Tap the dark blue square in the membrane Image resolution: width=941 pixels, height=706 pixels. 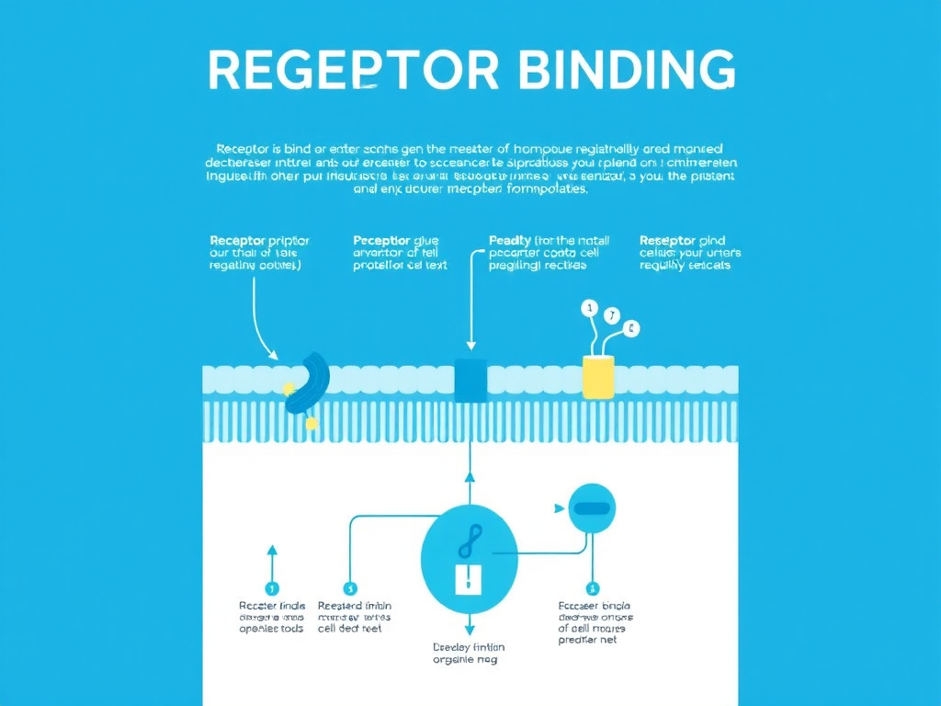point(470,381)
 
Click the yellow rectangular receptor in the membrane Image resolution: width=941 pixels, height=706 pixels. point(597,378)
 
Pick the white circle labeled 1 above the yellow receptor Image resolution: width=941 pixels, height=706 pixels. point(589,307)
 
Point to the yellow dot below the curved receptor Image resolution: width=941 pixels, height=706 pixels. point(312,424)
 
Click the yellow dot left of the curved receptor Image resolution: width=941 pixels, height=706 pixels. point(289,389)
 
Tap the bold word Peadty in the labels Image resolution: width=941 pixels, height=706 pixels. point(510,241)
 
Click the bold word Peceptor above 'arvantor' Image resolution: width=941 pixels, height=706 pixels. point(380,241)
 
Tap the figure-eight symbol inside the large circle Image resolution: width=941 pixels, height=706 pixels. point(468,541)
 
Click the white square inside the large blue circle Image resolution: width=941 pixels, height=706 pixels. point(468,578)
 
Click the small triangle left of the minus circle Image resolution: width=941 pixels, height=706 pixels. point(556,507)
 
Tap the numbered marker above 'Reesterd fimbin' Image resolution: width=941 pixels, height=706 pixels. point(349,588)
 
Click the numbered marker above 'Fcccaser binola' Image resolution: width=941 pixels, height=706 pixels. point(591,588)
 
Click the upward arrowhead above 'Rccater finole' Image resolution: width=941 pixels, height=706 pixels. point(271,551)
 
